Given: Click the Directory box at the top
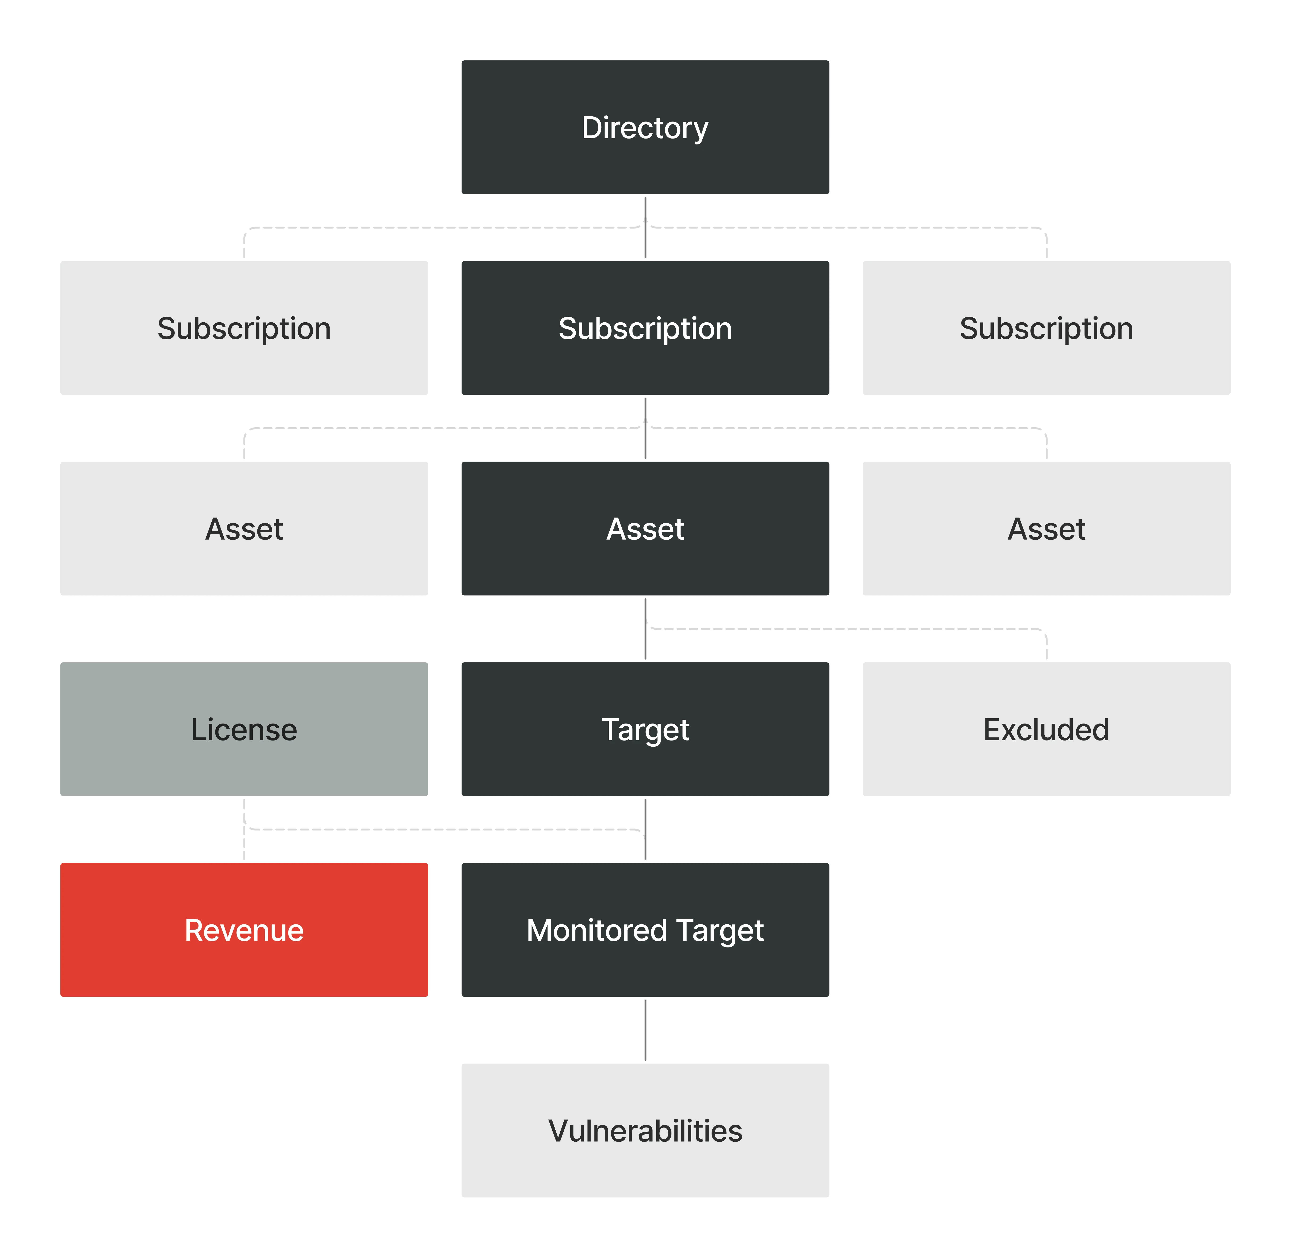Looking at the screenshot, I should [x=645, y=127].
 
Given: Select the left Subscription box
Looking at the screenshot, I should [x=244, y=328].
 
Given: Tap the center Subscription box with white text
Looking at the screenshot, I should [x=645, y=328].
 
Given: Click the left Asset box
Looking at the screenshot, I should [x=244, y=529].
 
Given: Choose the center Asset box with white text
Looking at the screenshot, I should [x=645, y=529].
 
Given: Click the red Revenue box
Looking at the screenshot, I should [x=244, y=930].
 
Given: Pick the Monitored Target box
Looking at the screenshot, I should [x=645, y=930].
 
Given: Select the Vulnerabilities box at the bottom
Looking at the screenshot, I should [x=645, y=1131].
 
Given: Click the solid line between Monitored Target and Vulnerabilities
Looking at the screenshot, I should [x=645, y=1029].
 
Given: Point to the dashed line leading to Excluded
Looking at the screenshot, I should [x=846, y=628].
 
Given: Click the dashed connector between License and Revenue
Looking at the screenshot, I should [x=244, y=846].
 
